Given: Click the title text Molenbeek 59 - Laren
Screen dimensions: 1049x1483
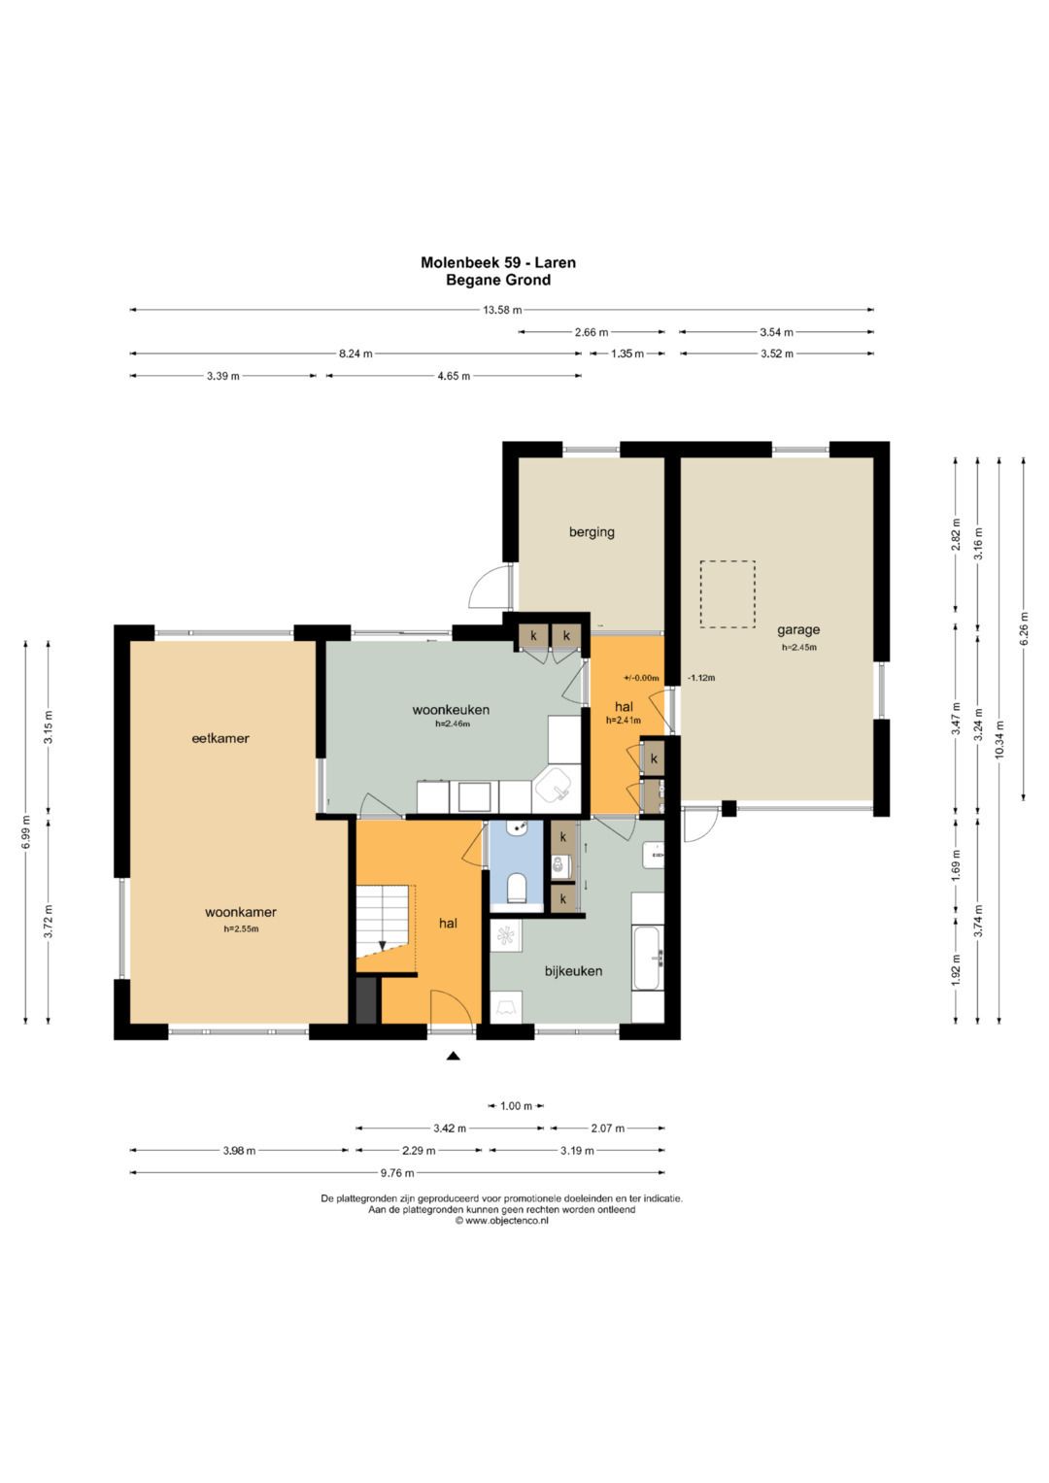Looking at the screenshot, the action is (498, 262).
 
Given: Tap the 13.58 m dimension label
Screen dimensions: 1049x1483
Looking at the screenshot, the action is (502, 309).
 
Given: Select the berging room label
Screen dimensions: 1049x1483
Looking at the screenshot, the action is (592, 532).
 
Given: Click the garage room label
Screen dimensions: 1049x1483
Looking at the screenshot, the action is (798, 630).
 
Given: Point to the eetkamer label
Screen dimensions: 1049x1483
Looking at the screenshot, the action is (220, 738).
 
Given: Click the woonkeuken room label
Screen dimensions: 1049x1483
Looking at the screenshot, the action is (451, 710).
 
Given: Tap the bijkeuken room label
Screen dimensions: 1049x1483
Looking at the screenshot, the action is (573, 971).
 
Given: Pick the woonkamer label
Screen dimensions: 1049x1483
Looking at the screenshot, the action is (241, 912).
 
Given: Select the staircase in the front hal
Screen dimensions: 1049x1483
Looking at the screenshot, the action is (386, 922).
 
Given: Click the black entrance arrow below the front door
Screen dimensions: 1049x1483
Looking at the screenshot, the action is (453, 1056).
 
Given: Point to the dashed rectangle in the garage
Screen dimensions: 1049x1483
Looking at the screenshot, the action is (728, 593).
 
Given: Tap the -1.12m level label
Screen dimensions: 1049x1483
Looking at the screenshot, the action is (701, 677).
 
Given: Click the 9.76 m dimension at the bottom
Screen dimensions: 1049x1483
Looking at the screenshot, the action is (397, 1173).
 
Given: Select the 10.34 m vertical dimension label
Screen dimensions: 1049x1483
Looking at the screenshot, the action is (999, 739).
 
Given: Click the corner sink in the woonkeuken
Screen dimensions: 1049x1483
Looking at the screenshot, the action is (555, 786).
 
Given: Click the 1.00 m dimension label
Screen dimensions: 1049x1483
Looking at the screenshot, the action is (516, 1105).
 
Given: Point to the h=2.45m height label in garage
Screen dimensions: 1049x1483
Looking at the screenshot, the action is (798, 647).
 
